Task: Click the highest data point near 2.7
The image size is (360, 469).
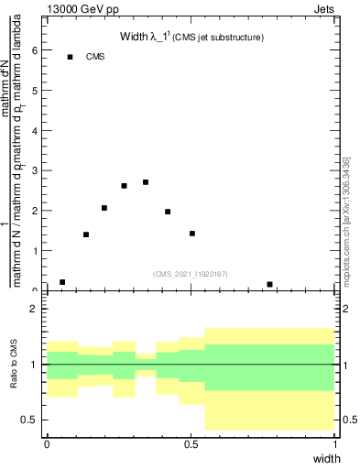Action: click(x=146, y=182)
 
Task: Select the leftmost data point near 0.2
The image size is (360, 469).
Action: click(x=62, y=282)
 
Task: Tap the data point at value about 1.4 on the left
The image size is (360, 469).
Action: click(x=86, y=234)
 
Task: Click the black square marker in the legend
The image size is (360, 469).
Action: click(x=71, y=57)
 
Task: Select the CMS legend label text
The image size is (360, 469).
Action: click(x=96, y=57)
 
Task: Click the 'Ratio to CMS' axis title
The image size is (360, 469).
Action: click(x=13, y=365)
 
